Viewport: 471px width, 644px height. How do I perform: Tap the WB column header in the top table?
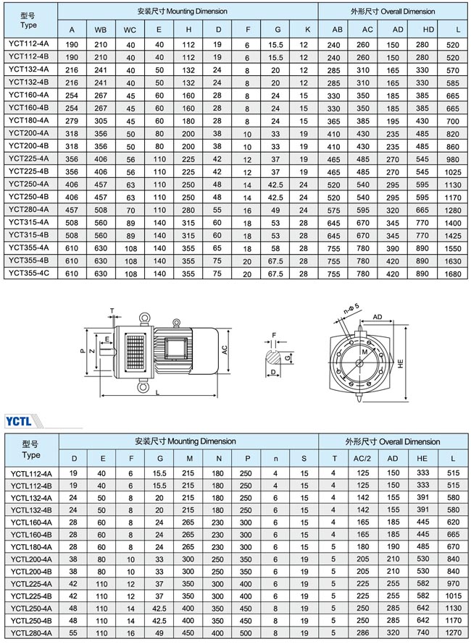click(100, 30)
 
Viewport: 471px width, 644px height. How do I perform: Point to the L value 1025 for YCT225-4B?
click(454, 171)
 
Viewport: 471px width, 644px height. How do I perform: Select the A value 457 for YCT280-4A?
click(72, 210)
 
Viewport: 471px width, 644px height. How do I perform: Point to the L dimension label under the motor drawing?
click(157, 391)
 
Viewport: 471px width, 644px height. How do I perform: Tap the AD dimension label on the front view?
click(378, 317)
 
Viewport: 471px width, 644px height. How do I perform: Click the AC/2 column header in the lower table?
click(362, 458)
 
